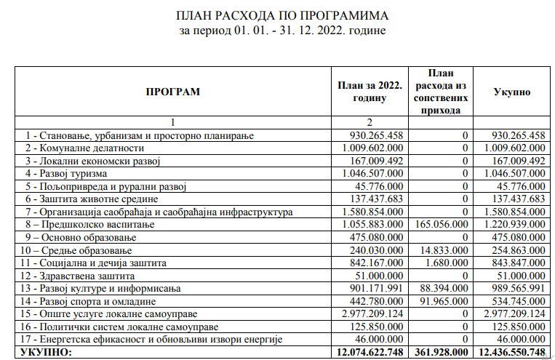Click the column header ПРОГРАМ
coord(172,92)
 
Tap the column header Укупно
coord(512,92)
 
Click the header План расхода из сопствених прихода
coord(441,92)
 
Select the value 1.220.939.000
coord(512,225)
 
